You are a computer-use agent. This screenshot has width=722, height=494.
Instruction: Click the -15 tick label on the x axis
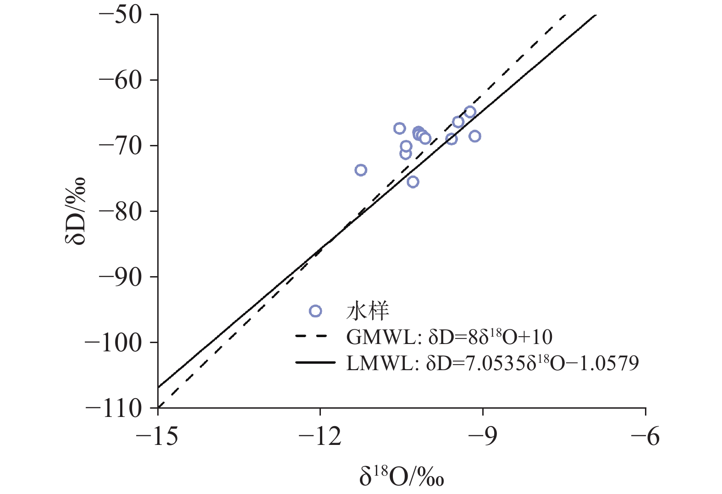tap(157, 436)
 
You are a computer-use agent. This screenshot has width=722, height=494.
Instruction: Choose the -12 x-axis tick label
tap(320, 436)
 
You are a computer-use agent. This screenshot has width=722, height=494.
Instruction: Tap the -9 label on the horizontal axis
tap(483, 436)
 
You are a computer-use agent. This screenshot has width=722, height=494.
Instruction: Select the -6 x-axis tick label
tap(645, 436)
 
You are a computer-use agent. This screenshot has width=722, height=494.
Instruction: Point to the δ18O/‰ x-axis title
tap(402, 476)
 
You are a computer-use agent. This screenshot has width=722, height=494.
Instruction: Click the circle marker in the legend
tap(315, 311)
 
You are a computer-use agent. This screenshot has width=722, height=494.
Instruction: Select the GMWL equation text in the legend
tap(449, 337)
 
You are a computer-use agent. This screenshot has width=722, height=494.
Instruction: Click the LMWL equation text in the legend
tap(492, 363)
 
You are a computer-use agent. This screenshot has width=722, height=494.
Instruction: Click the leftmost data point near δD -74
tap(361, 170)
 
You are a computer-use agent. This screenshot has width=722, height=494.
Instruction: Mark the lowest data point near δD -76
tap(413, 182)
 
